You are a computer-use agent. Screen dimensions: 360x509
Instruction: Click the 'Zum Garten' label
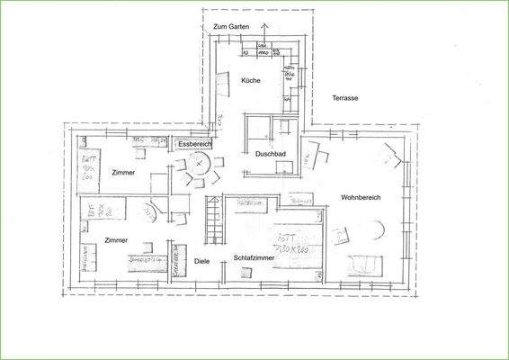pos(231,28)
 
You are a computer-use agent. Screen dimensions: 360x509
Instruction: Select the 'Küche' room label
pos(251,81)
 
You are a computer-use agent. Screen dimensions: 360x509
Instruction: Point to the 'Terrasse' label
pos(345,97)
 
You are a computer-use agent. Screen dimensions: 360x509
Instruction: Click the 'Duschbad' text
pos(270,154)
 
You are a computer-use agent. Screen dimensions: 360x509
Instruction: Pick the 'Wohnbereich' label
pos(362,196)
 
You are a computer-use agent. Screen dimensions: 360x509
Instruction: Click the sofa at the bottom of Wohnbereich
pos(366,265)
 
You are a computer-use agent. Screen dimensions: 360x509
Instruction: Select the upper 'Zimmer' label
pos(122,171)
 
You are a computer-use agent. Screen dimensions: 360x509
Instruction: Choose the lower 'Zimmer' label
pos(115,240)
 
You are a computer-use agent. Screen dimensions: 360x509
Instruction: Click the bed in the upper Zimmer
pos(91,167)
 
